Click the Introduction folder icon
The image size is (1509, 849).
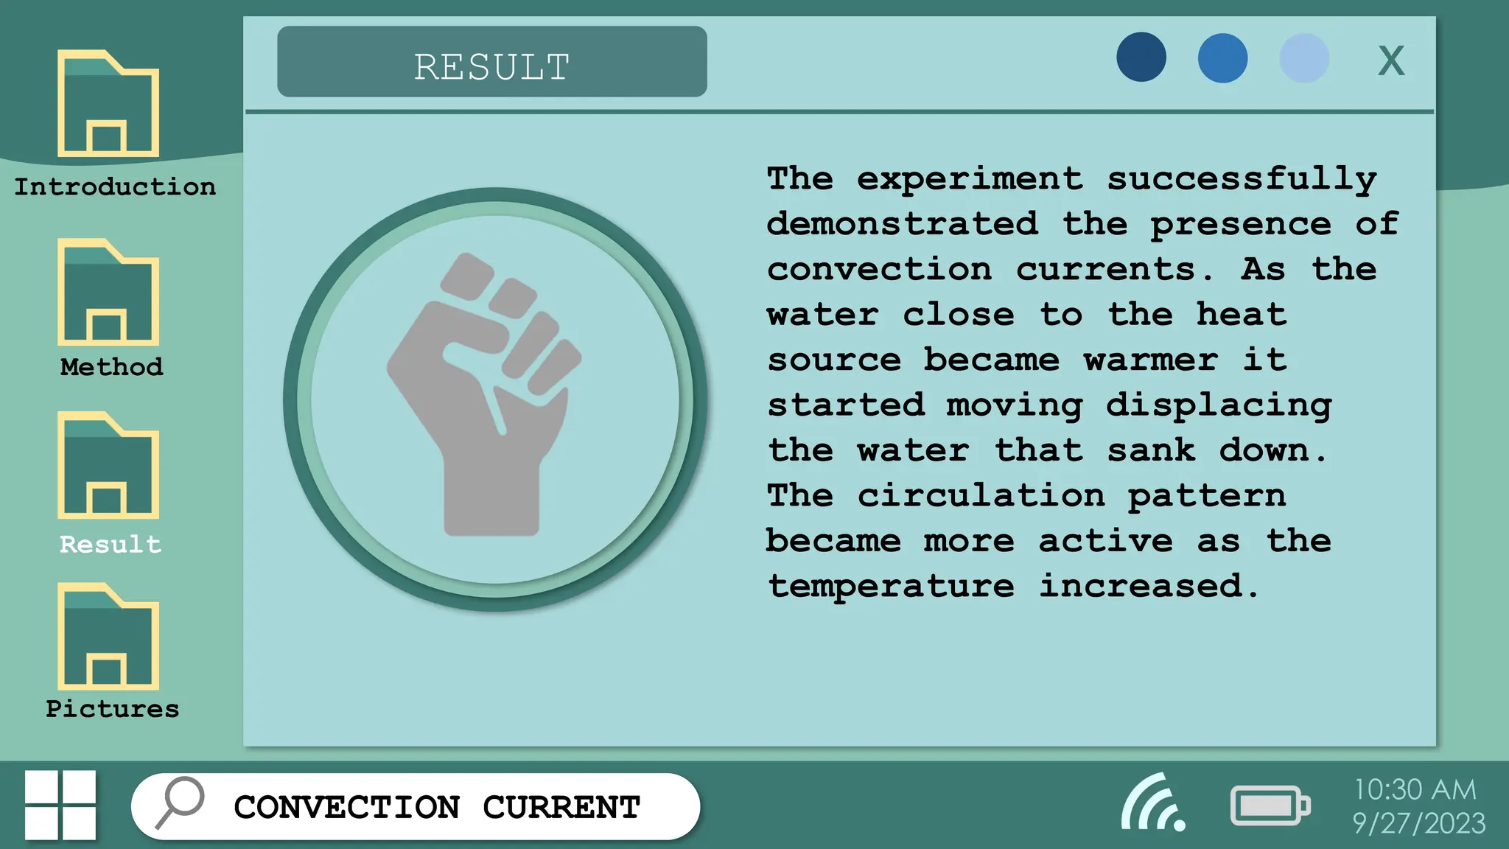(x=108, y=104)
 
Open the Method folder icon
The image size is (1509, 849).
(x=108, y=293)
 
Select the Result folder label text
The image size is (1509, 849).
(x=111, y=545)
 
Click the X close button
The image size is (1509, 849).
(x=1391, y=60)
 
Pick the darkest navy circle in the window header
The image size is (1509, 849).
(x=1141, y=57)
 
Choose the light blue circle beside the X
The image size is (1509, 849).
(x=1304, y=57)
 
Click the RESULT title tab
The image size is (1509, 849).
(x=491, y=62)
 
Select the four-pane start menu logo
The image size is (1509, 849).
(x=60, y=805)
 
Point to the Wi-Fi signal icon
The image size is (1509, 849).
(x=1152, y=803)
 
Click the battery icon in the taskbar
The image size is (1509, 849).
(x=1270, y=806)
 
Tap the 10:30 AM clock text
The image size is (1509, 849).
(x=1415, y=789)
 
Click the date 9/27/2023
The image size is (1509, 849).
(x=1418, y=823)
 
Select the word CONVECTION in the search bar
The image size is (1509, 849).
(x=347, y=807)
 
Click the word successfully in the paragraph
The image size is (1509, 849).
(x=1242, y=179)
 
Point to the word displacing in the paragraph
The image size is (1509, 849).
(x=1219, y=405)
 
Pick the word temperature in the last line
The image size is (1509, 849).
(x=891, y=587)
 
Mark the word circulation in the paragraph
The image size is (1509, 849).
(x=981, y=496)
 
